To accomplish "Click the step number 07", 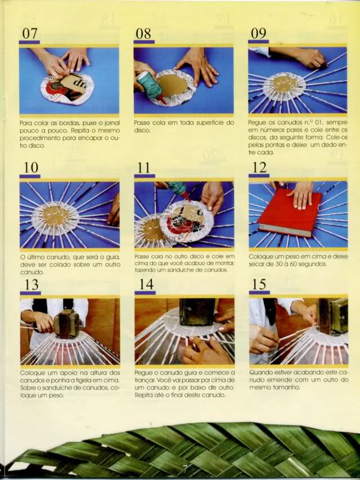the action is tap(30, 33).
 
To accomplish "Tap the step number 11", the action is tap(143, 167).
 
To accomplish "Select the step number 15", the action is tap(259, 284).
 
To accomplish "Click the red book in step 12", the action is tap(290, 213).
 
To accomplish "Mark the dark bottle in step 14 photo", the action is tap(197, 311).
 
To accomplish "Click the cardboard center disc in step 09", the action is tap(286, 84).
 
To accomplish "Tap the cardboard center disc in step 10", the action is tap(56, 215).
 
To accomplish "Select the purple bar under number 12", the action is tap(259, 176).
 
